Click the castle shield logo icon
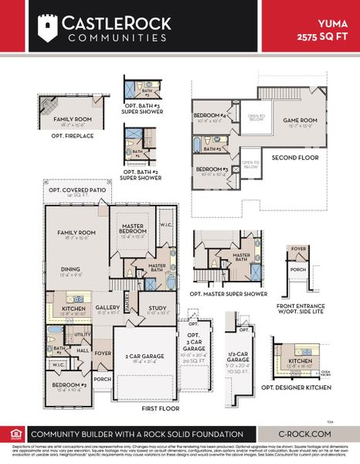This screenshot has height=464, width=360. click(x=49, y=28)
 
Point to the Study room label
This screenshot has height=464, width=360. click(x=158, y=308)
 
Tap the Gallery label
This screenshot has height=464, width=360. click(x=108, y=307)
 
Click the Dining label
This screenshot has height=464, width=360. click(x=72, y=269)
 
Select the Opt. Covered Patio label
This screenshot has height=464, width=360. click(x=75, y=189)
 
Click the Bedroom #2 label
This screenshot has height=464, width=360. click(x=70, y=384)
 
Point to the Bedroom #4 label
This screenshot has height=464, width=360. click(x=209, y=117)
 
